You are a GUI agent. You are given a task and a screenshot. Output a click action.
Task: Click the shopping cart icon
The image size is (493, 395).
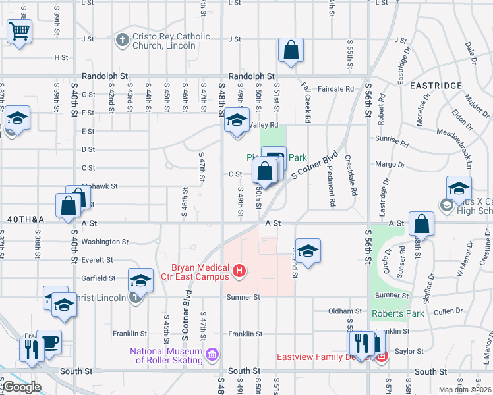pos(20,30)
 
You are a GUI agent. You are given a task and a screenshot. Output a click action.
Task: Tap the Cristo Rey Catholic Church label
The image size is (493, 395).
pos(162,41)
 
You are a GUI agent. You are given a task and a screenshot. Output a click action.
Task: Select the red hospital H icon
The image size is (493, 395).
pos(240,270)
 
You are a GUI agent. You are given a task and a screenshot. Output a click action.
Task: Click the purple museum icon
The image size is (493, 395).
pos(212,355)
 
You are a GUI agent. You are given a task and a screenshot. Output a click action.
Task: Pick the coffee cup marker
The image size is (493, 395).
pos(49,342)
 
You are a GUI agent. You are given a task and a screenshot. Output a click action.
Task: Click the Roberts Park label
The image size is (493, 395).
pos(398,313)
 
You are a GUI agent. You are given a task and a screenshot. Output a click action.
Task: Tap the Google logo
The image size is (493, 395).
pos(22,387)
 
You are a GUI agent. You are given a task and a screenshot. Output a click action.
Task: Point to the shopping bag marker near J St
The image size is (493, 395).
pos(291,51)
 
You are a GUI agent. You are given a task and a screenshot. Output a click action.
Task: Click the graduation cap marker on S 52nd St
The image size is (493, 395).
pos(308,251)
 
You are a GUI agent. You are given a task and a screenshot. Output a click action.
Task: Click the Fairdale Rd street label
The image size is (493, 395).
pos(336,88)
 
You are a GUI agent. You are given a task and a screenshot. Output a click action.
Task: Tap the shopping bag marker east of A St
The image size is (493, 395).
pos(421,224)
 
